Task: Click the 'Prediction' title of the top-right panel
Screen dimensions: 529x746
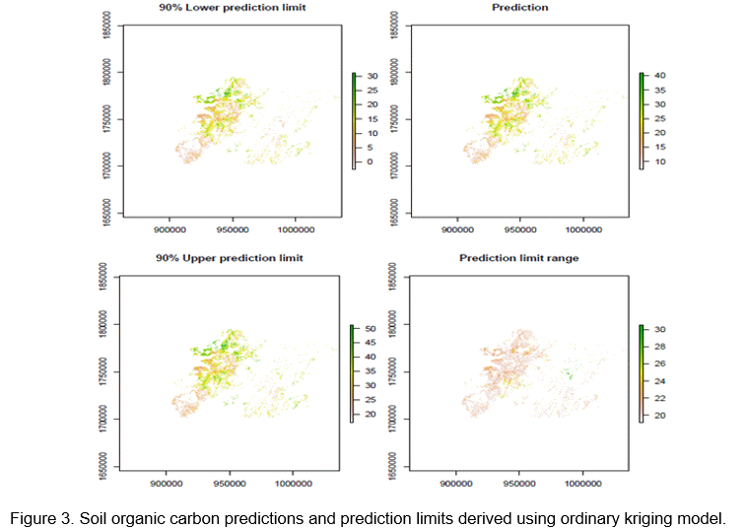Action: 519,7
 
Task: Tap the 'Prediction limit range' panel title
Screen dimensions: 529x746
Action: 519,258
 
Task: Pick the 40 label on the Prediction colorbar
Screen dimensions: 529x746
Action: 660,76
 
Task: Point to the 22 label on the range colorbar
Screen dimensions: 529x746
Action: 660,398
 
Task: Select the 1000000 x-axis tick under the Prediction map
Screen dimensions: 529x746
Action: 583,229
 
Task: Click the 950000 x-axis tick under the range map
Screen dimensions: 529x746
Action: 519,483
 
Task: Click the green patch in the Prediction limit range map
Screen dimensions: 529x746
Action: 567,373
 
